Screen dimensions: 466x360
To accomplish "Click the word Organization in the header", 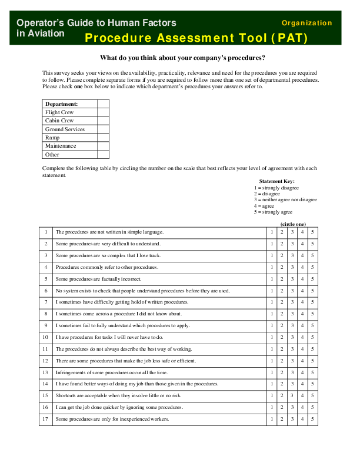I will coord(306,23).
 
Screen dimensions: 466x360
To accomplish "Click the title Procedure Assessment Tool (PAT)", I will coord(196,38).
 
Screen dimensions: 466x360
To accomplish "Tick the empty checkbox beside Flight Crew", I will coord(103,112).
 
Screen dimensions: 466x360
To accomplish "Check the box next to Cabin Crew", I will coord(103,121).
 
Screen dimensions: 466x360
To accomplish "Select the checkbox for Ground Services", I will coord(103,129).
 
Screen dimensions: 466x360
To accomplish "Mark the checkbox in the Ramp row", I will coord(103,138).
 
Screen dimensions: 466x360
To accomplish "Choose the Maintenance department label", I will coord(61,146).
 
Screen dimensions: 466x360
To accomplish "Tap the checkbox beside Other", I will coord(103,154).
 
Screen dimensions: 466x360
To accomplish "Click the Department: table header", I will coord(62,104).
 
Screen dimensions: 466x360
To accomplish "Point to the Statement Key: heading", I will coord(276,181).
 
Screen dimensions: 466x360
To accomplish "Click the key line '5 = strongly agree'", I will coord(273,212).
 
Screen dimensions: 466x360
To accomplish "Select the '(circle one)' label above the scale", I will coord(293,224).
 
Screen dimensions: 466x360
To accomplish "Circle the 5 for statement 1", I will coord(312,232).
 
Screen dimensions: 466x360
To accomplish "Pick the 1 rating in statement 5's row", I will coord(272,279).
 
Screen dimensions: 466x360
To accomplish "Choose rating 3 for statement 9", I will coord(292,325).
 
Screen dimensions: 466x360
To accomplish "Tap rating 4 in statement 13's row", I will coord(302,372).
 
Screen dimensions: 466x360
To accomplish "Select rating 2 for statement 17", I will coord(282,419).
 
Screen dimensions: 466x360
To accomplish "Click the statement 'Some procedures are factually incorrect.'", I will coord(98,279).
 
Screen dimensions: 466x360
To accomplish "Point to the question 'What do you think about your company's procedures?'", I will coord(182,58).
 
